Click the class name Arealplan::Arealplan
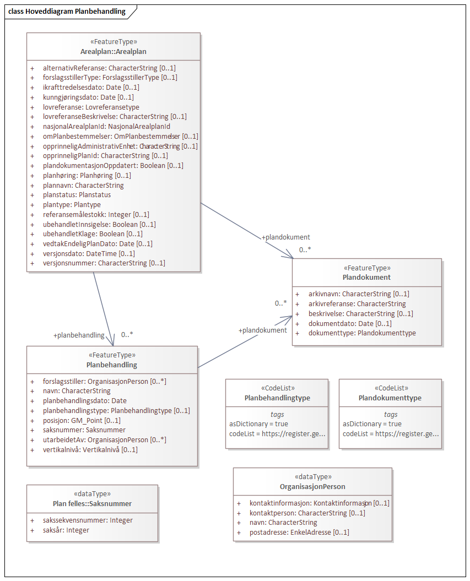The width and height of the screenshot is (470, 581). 113,52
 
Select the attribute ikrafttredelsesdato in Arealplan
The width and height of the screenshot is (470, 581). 91,88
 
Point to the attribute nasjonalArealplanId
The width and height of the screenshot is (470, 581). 106,127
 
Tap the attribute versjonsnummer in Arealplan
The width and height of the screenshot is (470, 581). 104,263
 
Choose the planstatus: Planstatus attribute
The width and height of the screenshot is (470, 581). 77,195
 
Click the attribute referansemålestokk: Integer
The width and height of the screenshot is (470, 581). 96,215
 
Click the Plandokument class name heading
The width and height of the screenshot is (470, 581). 366,278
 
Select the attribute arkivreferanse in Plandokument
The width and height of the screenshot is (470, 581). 356,304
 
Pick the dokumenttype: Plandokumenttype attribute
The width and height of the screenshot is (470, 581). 361,333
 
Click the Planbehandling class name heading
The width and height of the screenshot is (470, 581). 112,365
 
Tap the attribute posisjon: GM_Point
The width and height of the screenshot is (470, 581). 82,420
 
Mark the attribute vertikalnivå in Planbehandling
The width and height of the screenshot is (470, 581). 90,449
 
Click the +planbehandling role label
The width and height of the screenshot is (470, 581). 78,335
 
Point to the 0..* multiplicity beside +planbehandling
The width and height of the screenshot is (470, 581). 127,334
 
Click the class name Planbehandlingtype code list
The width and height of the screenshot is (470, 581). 277,398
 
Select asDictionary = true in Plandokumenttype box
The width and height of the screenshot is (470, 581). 372,424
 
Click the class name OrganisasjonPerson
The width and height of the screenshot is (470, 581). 312,487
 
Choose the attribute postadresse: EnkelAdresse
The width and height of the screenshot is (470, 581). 299,533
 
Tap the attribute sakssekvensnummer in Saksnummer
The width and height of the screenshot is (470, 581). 88,520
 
